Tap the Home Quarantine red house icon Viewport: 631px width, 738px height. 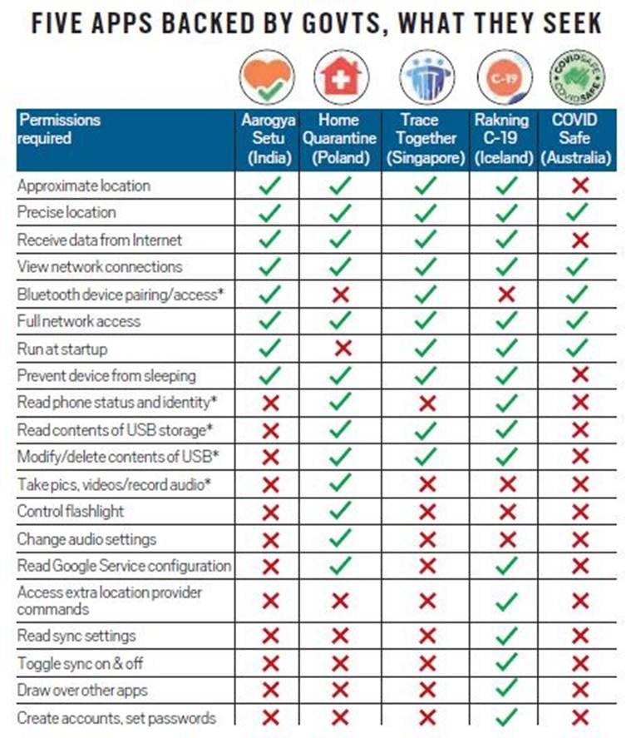pyautogui.click(x=341, y=77)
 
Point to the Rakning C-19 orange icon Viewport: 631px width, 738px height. pyautogui.click(x=505, y=77)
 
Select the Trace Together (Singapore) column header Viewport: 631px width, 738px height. pyautogui.click(x=424, y=139)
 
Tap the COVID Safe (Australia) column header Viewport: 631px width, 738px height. pyautogui.click(x=579, y=139)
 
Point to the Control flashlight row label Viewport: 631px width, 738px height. pyautogui.click(x=70, y=512)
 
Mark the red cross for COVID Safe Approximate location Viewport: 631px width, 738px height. pyautogui.click(x=580, y=186)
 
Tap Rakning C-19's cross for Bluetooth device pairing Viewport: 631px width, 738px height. pyautogui.click(x=505, y=295)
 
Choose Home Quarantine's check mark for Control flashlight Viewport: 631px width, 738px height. pyautogui.click(x=341, y=512)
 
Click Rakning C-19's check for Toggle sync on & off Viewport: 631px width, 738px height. pyautogui.click(x=505, y=663)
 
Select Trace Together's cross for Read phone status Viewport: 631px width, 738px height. pyautogui.click(x=426, y=404)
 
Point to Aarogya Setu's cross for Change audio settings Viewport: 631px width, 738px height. pyautogui.click(x=269, y=539)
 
